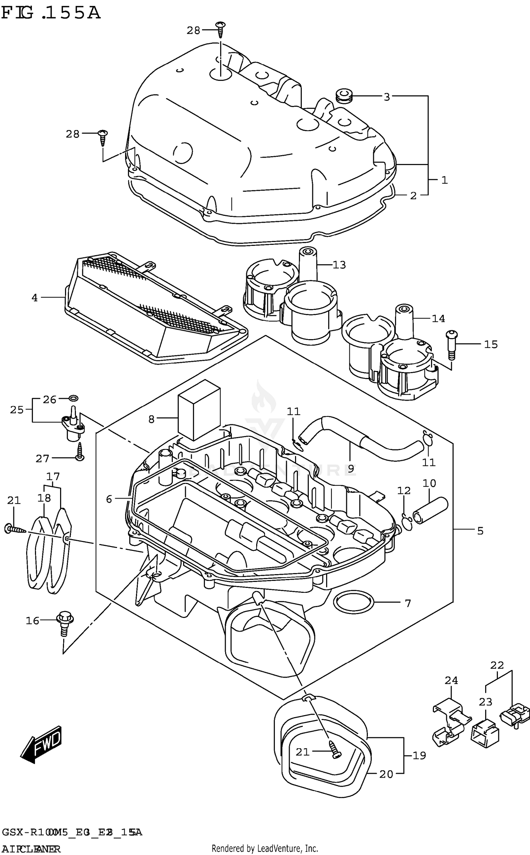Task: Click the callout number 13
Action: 339,265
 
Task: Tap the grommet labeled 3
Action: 343,96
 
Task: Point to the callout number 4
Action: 34,298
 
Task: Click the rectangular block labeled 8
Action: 199,410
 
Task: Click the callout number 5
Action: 480,531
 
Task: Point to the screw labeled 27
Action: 80,452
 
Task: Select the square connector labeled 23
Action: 485,731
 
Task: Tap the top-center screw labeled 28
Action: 221,29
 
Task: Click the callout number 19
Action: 419,755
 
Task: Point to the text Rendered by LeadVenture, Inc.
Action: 265,848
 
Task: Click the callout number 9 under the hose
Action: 351,468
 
